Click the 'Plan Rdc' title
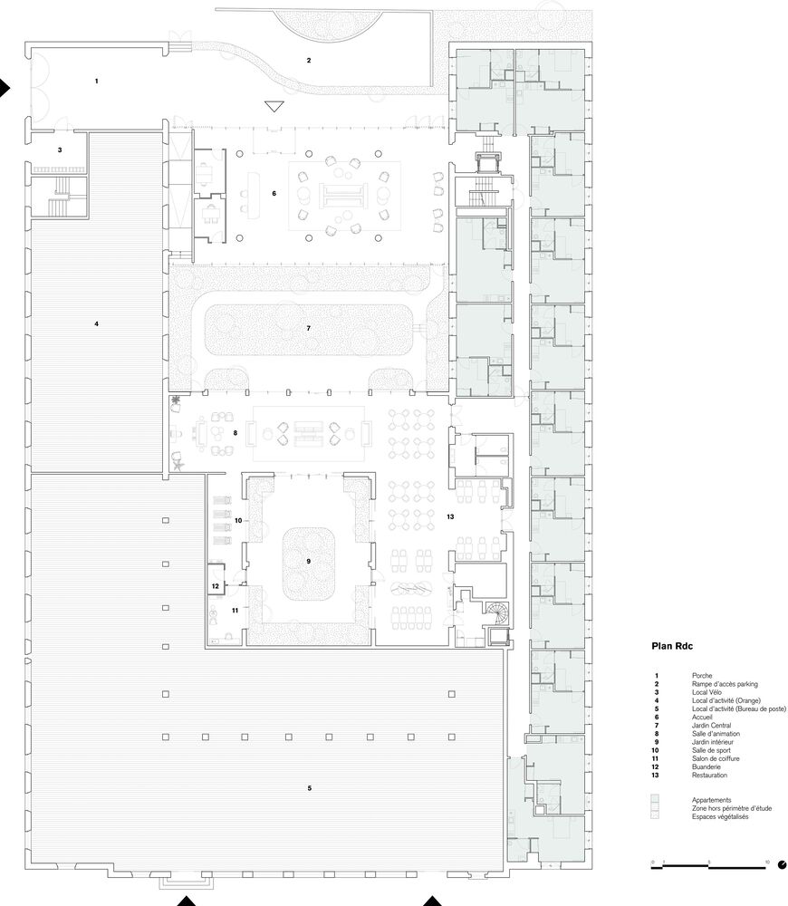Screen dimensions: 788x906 [672, 646]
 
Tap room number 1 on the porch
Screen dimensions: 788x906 [97, 82]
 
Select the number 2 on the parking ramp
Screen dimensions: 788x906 [309, 60]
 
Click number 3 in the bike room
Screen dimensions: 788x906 [60, 150]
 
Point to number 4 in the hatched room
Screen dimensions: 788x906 [97, 324]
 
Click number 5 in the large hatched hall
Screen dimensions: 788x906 [309, 788]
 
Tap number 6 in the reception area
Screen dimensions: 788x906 [274, 194]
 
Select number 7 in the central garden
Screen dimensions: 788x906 [309, 328]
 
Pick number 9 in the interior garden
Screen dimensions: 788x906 [309, 561]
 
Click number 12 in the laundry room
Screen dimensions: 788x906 [215, 586]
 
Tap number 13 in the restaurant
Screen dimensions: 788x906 [450, 516]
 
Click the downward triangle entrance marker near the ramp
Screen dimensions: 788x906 [274, 106]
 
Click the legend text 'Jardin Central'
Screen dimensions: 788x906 [711, 725]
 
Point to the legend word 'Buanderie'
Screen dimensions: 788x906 [706, 766]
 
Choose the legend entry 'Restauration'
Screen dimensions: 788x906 [709, 776]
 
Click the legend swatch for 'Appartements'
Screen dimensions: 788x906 [655, 800]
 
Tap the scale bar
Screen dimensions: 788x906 [709, 866]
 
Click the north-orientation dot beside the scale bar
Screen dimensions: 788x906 [783, 865]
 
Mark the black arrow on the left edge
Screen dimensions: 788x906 [5, 88]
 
